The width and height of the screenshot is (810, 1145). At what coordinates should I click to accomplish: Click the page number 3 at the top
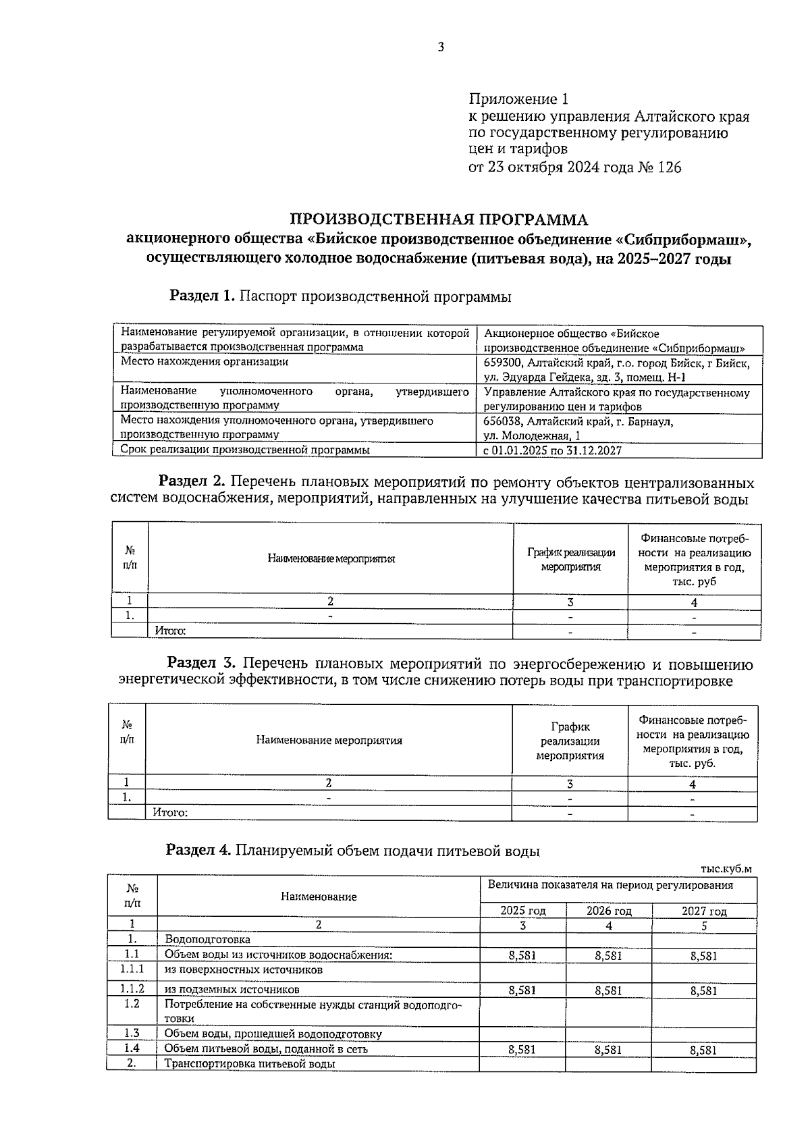coord(440,47)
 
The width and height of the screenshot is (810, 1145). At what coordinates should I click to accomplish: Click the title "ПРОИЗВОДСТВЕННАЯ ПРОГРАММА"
coord(438,219)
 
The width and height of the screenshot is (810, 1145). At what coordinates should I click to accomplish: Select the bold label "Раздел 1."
coord(202,296)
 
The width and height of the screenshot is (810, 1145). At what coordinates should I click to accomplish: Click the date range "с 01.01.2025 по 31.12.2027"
coord(553,450)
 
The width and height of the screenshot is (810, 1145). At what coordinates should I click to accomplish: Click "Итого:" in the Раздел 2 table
coord(170,631)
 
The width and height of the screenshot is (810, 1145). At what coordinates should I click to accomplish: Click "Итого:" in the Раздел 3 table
coord(170,812)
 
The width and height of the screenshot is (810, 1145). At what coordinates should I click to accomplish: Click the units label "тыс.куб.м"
coord(726,869)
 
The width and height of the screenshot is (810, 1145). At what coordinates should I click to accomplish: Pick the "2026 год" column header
coord(608,911)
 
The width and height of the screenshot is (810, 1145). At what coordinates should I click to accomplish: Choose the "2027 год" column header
coord(703,911)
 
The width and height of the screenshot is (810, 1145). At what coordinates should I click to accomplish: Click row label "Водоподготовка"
coord(207,940)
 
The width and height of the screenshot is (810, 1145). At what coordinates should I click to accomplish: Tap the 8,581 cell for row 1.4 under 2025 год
coord(522,1050)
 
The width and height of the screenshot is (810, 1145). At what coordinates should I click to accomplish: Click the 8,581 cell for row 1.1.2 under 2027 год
coord(703,990)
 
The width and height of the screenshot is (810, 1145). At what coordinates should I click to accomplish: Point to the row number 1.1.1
coord(132,969)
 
